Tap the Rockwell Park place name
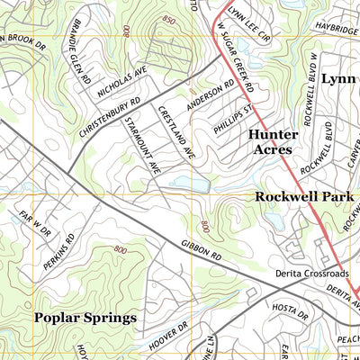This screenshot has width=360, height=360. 306,196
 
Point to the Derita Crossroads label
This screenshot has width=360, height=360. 311,273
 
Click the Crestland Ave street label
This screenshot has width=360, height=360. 176,133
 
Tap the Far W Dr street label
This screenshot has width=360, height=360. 31,215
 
